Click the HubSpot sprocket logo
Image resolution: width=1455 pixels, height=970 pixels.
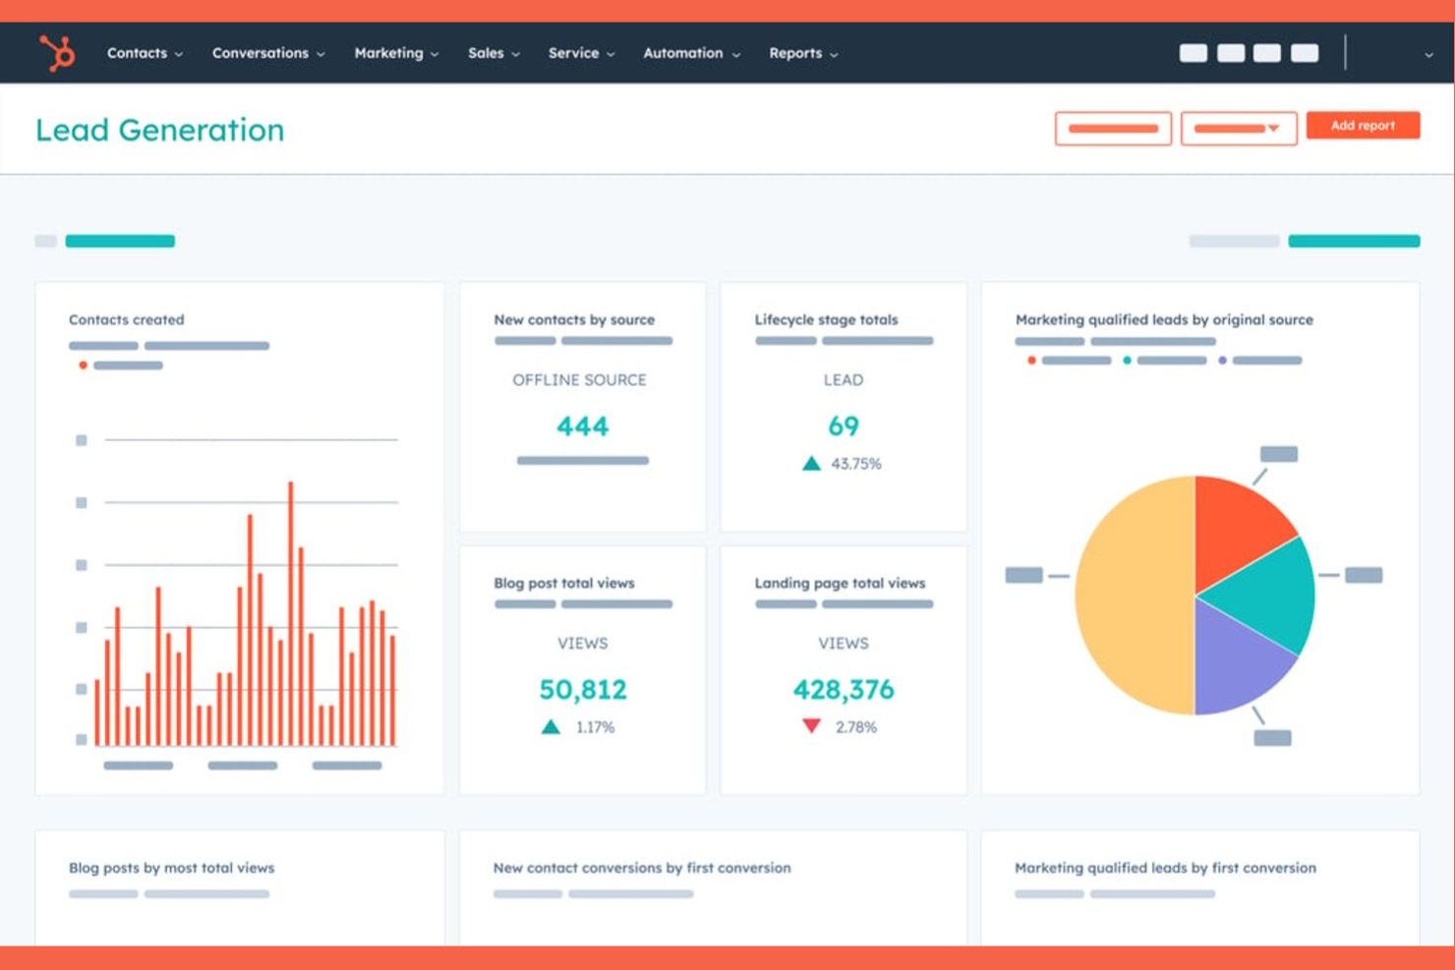57,53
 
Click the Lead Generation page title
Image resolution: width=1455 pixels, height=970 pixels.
159,130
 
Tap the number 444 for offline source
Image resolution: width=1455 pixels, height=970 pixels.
582,427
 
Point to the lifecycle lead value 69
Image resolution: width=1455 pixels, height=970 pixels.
844,426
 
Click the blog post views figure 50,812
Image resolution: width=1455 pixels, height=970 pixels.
582,690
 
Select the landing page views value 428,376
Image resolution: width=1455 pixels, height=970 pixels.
844,690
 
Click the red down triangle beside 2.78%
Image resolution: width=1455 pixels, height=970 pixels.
811,726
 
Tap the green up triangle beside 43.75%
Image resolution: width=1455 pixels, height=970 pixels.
811,464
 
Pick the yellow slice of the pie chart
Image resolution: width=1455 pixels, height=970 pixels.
1131,595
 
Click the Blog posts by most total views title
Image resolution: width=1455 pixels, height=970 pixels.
171,868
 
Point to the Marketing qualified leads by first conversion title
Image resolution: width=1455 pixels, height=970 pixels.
1165,868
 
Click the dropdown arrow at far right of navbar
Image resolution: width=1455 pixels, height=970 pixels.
1428,55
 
